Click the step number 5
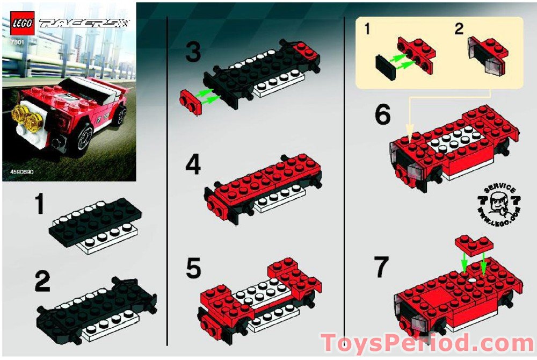tap(193, 269)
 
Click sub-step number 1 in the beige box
tap(367, 30)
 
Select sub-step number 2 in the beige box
tap(459, 30)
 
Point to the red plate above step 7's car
tap(473, 244)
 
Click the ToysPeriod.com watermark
tap(427, 343)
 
